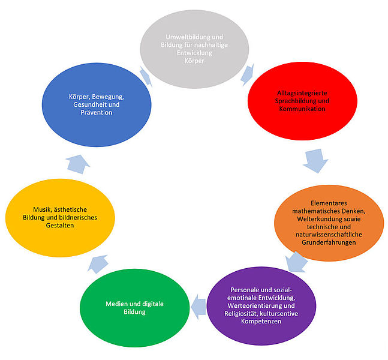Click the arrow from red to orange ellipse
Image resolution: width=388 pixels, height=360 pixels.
click(315, 160)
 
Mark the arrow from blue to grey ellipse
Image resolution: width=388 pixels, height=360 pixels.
click(145, 76)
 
